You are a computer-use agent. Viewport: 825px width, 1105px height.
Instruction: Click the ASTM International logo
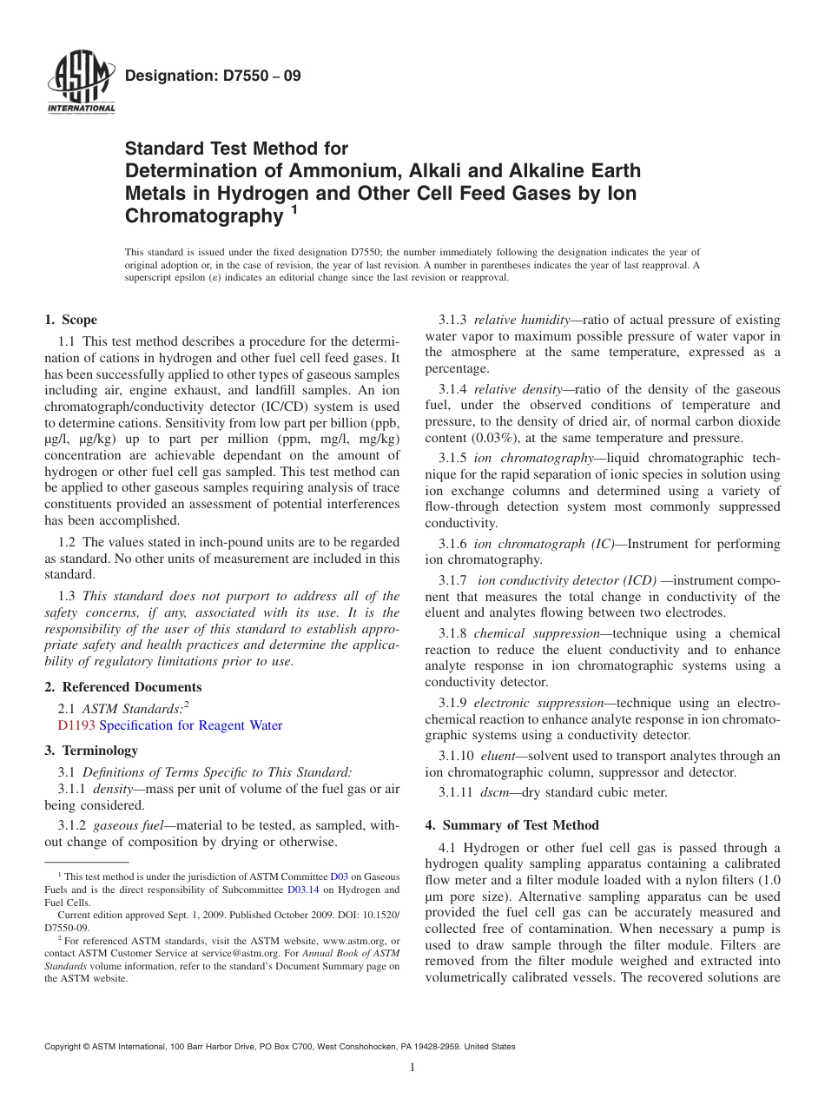81,83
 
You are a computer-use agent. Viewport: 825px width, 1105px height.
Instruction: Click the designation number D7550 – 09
213,76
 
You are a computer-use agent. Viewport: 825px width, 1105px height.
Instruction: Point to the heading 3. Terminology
91,750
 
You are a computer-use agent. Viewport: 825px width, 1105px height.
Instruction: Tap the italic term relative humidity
520,320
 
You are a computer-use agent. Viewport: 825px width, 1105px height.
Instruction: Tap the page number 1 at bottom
412,1068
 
